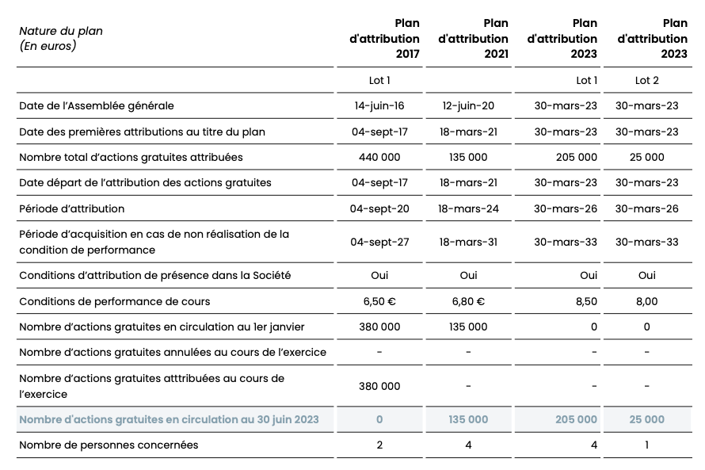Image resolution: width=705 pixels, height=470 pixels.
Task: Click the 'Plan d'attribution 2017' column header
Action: click(x=384, y=38)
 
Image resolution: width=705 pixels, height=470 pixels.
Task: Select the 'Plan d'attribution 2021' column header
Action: click(x=473, y=38)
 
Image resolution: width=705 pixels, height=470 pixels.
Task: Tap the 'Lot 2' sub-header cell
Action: click(x=646, y=80)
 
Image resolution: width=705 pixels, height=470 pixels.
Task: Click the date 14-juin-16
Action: click(x=379, y=105)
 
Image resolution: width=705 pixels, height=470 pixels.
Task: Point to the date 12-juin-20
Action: click(x=468, y=105)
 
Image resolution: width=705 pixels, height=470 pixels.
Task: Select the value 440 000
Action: click(x=379, y=157)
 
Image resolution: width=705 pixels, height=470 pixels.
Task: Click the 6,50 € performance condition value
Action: click(x=379, y=301)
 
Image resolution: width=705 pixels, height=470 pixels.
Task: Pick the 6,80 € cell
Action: click(x=468, y=301)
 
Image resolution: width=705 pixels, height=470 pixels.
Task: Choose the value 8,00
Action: click(x=646, y=301)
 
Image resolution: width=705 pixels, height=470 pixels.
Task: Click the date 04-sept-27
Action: click(x=379, y=242)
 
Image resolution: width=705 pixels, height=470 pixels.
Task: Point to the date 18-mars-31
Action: click(x=468, y=242)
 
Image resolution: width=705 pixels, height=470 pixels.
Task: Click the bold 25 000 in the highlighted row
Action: click(x=646, y=419)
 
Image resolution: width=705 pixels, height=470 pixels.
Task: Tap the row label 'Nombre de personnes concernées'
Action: click(x=109, y=445)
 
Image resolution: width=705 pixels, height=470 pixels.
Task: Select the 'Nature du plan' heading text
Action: click(x=61, y=31)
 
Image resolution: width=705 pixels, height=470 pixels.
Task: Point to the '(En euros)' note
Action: click(x=47, y=46)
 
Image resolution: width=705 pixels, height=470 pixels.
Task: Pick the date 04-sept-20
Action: click(x=379, y=208)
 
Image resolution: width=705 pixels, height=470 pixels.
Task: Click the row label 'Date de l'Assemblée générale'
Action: click(x=96, y=105)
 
